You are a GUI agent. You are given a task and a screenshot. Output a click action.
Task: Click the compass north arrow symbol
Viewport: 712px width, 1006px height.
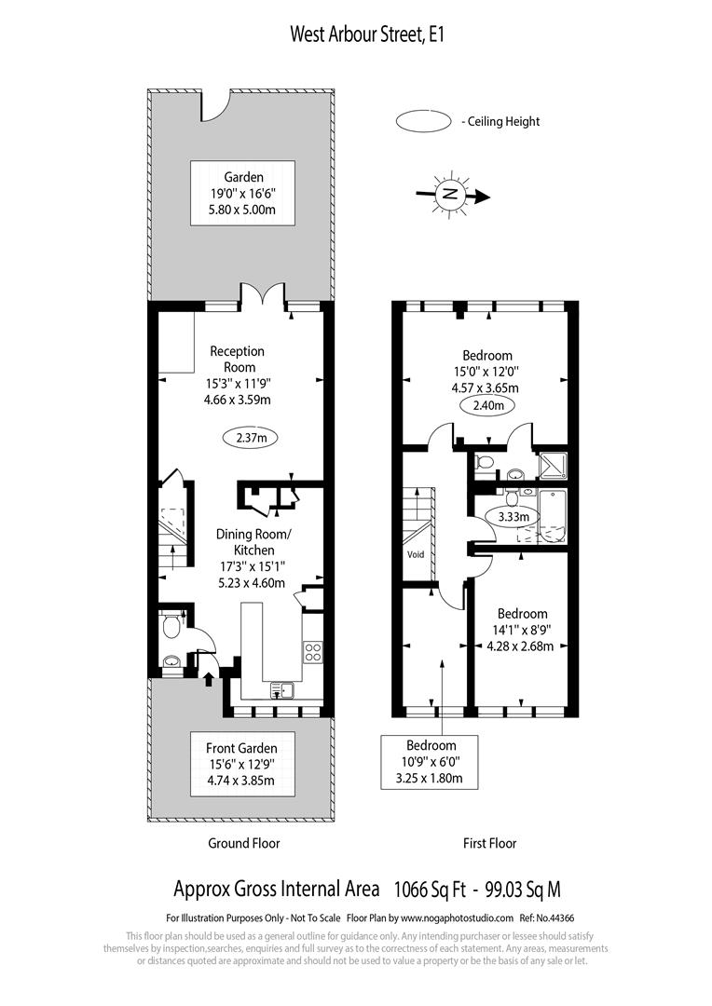coord(452,195)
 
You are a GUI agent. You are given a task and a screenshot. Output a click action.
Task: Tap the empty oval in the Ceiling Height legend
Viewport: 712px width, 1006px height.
coord(424,121)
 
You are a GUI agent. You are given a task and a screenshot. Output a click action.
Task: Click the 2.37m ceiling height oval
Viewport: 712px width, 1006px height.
coord(252,436)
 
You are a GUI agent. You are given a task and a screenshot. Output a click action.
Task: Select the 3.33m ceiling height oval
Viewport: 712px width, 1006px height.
coord(513,517)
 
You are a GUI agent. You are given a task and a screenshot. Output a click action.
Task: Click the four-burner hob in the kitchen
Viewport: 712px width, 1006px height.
coord(313,651)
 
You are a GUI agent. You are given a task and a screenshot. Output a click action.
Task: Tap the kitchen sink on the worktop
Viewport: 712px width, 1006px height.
coord(281,690)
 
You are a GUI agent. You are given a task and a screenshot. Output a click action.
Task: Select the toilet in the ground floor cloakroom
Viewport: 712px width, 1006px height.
coord(171,627)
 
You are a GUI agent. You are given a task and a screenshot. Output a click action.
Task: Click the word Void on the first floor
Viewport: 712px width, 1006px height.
coord(416,554)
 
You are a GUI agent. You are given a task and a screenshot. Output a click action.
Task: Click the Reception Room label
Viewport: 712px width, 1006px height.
coord(238,359)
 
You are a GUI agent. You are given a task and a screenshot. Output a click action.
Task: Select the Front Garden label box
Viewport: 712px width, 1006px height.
coord(241,765)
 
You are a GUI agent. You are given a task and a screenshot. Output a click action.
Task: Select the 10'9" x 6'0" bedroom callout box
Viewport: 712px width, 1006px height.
coord(431,762)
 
